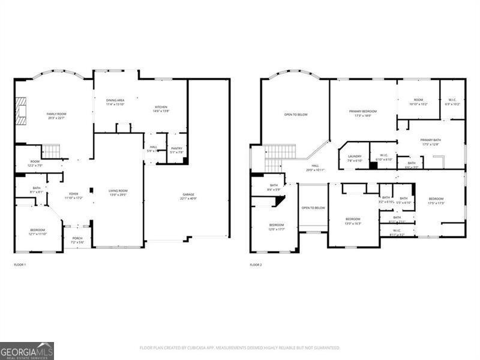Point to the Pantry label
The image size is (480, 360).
[x=176, y=149]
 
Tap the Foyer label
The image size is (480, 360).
[x=74, y=195]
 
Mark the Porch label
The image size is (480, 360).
[x=77, y=239]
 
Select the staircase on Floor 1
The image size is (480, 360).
[x=52, y=151]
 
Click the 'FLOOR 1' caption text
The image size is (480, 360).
[x=20, y=265]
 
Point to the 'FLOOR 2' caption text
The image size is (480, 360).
[x=256, y=265]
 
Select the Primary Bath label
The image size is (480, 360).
[x=431, y=142]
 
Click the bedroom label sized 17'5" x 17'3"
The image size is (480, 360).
[x=436, y=201]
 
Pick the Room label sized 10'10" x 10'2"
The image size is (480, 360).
[x=418, y=102]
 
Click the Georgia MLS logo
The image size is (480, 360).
[x=27, y=350]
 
